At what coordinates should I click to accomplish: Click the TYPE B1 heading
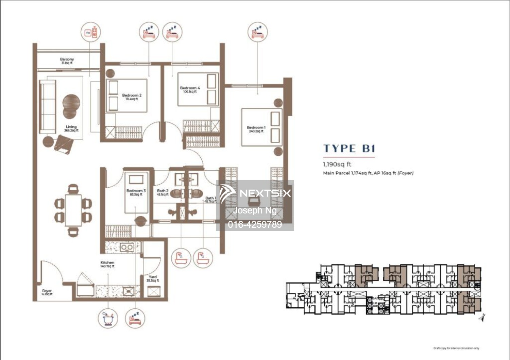349,149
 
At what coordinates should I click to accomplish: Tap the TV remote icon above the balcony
91,33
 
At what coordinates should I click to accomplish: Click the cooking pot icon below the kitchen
108,319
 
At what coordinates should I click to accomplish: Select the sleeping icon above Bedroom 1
257,32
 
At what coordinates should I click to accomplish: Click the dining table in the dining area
73,210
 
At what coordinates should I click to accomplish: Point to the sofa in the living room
48,106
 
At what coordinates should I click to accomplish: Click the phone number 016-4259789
255,224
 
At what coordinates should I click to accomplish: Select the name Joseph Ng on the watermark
255,210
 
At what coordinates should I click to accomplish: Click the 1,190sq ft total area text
337,164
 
